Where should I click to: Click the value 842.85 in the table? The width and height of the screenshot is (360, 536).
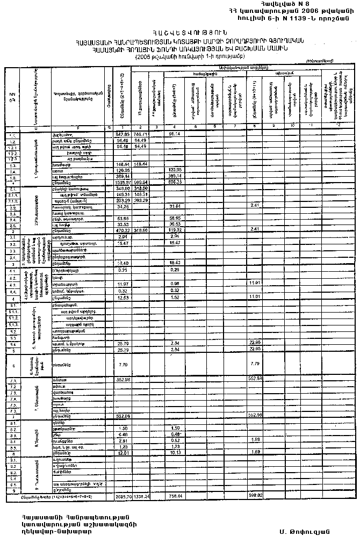[x=123, y=133]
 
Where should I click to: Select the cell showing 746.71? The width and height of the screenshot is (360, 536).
[x=141, y=133]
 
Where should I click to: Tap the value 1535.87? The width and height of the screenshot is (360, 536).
[x=123, y=182]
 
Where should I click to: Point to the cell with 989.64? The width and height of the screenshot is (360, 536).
[x=141, y=182]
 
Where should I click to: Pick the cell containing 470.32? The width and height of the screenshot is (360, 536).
[x=123, y=230]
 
